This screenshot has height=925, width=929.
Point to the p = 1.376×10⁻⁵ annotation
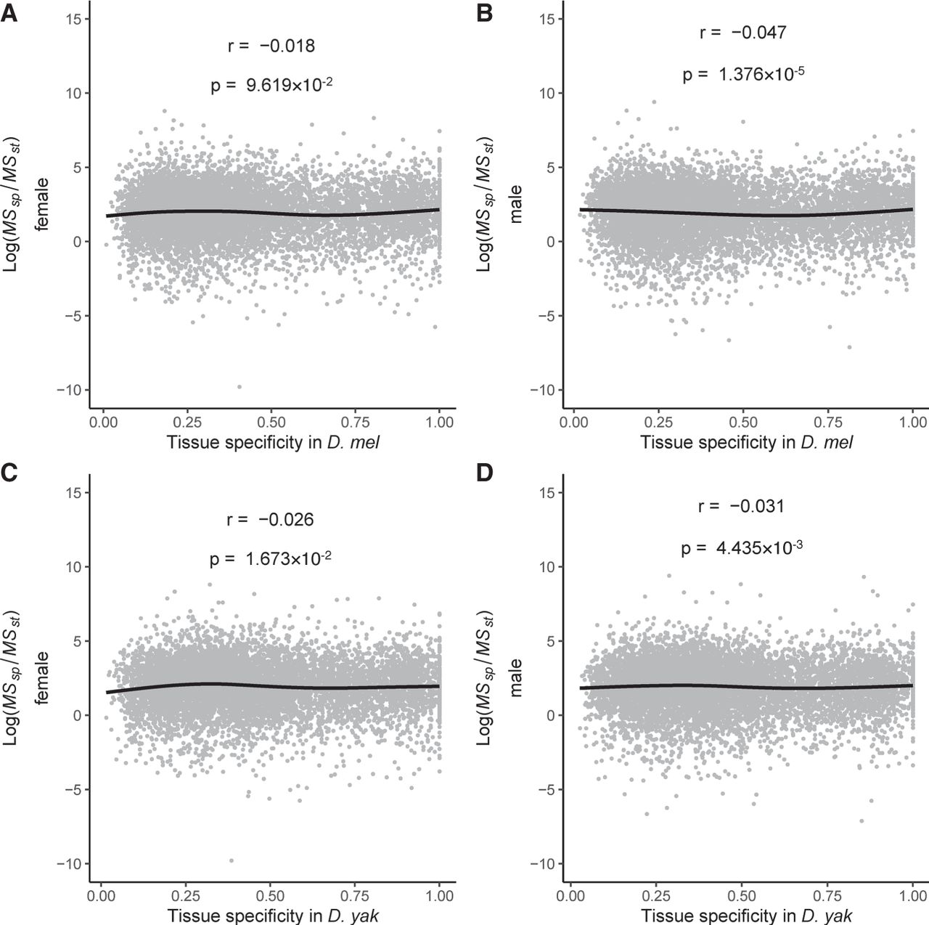[742, 74]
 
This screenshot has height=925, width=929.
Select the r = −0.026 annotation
[270, 520]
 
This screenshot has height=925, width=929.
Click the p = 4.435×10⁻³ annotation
[741, 548]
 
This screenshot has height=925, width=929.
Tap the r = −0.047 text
[742, 33]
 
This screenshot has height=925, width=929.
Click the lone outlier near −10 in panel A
[240, 386]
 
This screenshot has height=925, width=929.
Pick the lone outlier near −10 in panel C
[232, 860]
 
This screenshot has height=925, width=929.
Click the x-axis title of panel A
[273, 442]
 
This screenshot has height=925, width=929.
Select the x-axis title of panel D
[746, 916]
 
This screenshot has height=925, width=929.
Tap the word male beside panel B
[517, 204]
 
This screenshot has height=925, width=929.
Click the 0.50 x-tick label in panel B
[742, 422]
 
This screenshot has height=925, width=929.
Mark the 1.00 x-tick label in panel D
[912, 895]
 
